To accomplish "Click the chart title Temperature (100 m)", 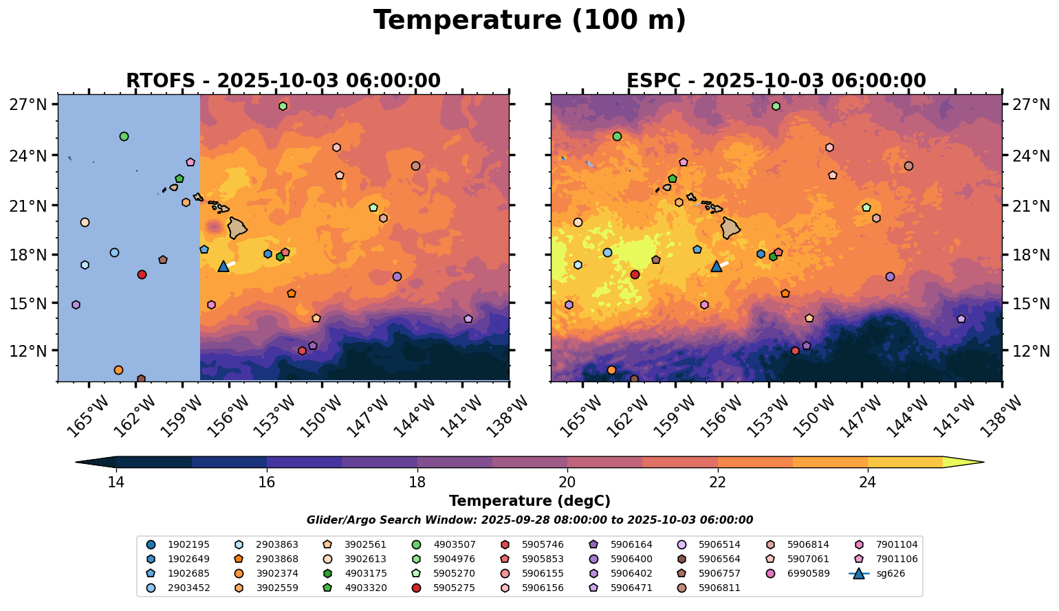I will [529, 21].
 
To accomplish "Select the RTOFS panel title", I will [283, 81].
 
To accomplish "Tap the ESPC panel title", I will [776, 81].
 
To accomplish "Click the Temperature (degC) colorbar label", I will [529, 501].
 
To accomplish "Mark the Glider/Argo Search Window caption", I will [529, 520].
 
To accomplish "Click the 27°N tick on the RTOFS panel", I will [28, 104].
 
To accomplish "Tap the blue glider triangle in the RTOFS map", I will [223, 266].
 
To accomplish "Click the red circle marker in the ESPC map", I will [635, 274].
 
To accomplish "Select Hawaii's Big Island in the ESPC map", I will [730, 227].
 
